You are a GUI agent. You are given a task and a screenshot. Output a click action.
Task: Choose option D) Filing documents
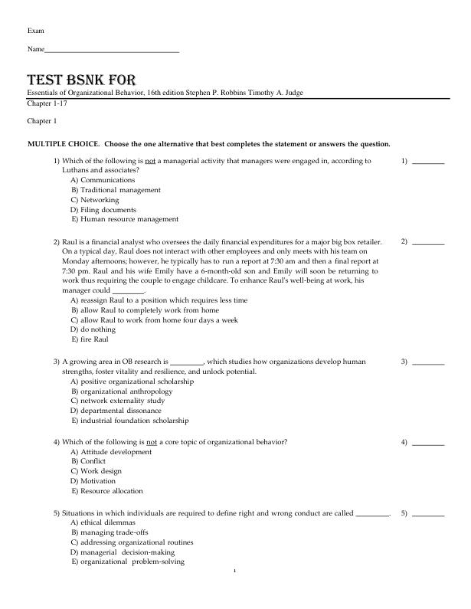(103, 209)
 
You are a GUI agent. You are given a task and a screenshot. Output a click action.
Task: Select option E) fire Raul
(90, 339)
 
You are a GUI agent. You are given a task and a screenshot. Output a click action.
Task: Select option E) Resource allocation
(106, 491)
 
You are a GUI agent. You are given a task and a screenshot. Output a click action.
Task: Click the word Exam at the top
(35, 30)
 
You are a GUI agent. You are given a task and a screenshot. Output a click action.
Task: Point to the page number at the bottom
(235, 571)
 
